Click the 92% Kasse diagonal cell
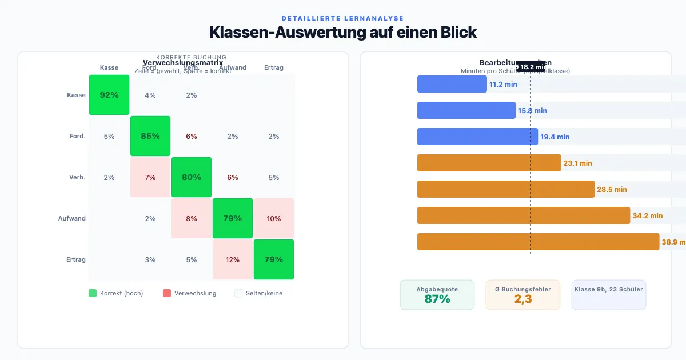[109, 95]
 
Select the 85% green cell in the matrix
[150, 136]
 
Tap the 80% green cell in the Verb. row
[192, 177]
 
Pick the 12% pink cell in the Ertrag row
[233, 259]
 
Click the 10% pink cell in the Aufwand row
[274, 218]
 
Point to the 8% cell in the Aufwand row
[192, 218]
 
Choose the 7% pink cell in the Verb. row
[150, 177]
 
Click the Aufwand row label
[71, 218]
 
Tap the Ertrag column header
[274, 67]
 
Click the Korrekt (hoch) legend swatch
[93, 293]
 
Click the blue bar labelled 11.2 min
[452, 84]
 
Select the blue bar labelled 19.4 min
[477, 137]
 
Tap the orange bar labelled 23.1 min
[489, 163]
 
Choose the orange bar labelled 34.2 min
[523, 215]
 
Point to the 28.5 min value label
[612, 189]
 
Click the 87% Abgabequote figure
[437, 299]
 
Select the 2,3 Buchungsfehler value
[523, 299]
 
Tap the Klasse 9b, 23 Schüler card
[608, 294]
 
